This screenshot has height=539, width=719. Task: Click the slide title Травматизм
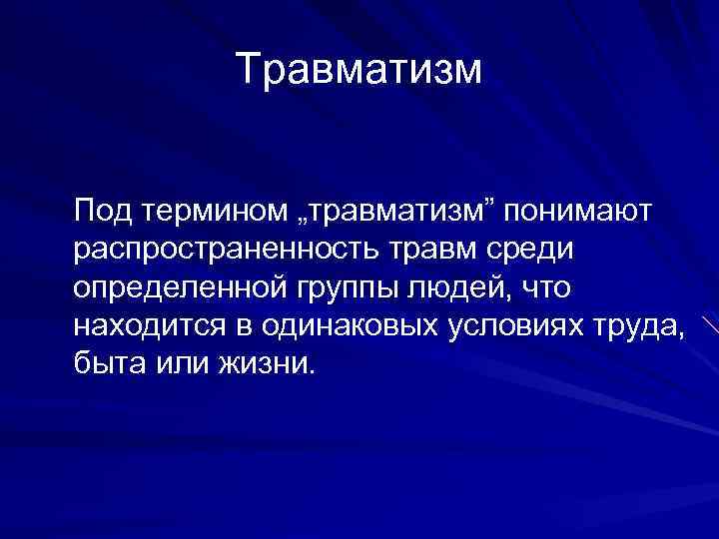click(359, 70)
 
